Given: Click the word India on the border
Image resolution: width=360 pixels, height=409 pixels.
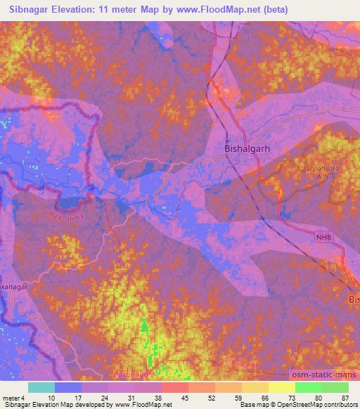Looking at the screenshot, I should [x=74, y=217].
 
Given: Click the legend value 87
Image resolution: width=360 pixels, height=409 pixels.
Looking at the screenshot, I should [x=344, y=398].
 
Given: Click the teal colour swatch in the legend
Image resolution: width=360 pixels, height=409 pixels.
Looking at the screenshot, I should [x=41, y=387].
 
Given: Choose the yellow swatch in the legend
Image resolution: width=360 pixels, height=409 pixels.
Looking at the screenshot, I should [x=282, y=387].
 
